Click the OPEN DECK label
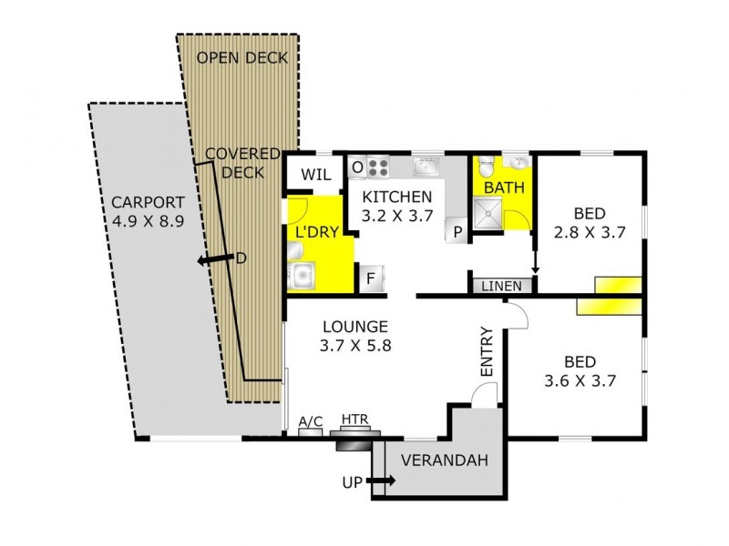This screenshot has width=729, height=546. click(x=242, y=58)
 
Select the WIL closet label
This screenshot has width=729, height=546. click(x=313, y=173)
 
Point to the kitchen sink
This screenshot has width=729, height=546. click(x=426, y=167)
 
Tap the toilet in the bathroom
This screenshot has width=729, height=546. click(x=488, y=165)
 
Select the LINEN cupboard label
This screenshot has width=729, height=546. click(x=502, y=286)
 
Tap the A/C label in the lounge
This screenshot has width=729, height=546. click(x=311, y=422)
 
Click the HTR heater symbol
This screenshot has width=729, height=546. click(x=354, y=440)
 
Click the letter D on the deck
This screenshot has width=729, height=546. click(x=241, y=258)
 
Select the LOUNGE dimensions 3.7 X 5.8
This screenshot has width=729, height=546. click(x=354, y=346)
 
